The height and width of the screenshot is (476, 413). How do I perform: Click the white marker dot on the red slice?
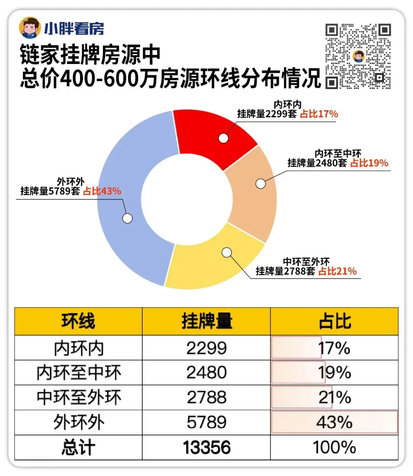tap(223, 138)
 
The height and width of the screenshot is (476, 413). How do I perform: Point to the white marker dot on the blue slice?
tap(127, 218)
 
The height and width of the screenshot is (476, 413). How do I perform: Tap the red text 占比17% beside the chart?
tap(319, 114)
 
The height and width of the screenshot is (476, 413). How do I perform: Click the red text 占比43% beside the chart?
tap(102, 191)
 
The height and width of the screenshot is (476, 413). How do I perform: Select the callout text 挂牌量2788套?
tap(286, 271)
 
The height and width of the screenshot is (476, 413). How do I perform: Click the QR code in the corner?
tap(358, 56)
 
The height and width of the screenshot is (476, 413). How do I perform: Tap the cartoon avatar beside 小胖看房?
tap(30, 28)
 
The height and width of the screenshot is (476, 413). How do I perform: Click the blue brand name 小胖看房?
tap(74, 28)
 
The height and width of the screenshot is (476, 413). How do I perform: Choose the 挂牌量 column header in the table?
tap(206, 321)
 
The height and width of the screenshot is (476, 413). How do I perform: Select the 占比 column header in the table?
tap(335, 321)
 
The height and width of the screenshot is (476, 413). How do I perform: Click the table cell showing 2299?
tap(206, 348)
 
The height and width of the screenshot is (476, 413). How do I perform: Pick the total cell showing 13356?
tap(206, 447)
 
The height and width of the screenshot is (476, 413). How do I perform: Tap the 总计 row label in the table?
tap(78, 447)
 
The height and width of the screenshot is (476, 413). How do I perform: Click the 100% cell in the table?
tap(335, 447)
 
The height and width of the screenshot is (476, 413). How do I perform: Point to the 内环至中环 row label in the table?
tap(79, 373)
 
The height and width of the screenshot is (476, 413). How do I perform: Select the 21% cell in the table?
tap(335, 397)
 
